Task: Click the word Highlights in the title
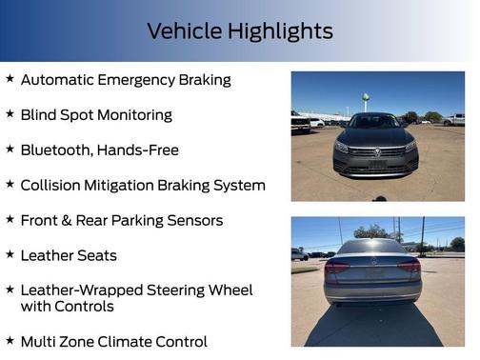tap(277, 30)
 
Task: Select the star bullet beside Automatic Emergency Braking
tap(10, 79)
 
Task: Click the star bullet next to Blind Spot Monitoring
tap(10, 114)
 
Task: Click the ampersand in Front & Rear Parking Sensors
tap(72, 220)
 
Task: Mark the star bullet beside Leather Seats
tap(10, 254)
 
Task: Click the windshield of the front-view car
tap(374, 122)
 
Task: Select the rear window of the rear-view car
tap(371, 248)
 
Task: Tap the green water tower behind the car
tap(365, 97)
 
